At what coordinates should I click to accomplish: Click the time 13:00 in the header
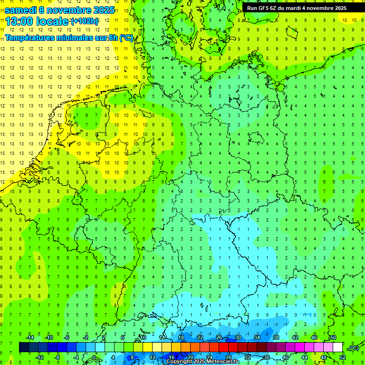21,21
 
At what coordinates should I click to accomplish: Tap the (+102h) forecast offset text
85,21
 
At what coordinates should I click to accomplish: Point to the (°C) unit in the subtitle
126,38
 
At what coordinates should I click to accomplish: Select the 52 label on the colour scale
343,357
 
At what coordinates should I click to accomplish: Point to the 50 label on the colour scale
333,337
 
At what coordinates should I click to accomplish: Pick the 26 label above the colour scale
219,337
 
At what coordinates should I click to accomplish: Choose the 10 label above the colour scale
143,337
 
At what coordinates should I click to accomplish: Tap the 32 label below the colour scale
248,357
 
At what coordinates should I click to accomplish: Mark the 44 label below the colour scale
305,357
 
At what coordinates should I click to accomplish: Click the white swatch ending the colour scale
337,347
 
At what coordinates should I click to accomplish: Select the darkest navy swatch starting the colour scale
24,347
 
